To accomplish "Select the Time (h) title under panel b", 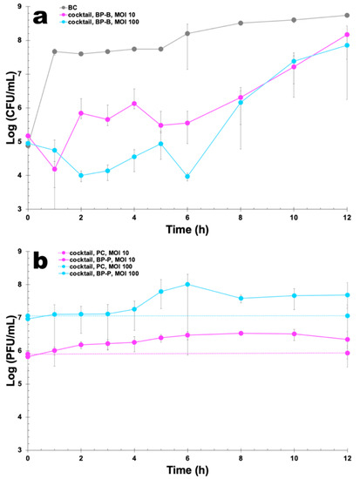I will tap(188, 471).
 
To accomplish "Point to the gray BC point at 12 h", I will tap(348, 15).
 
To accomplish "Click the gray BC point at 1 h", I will tap(54, 51).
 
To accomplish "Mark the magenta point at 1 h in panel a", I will tap(54, 169).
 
